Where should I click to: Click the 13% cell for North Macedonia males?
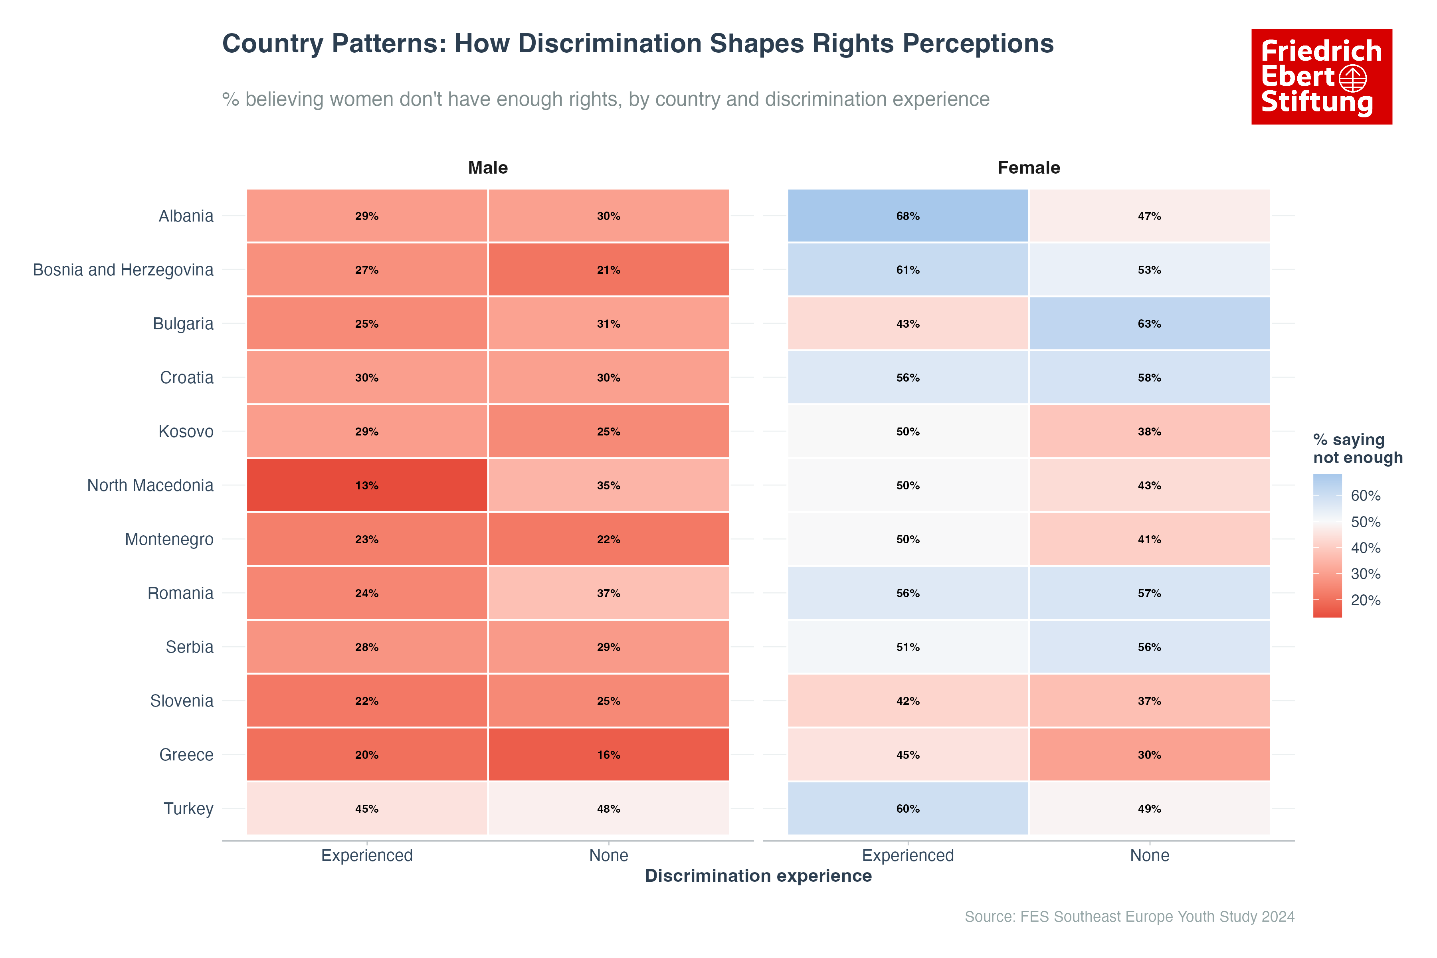[366, 485]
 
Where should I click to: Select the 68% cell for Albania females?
[907, 216]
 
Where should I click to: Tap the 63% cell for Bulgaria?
[1149, 323]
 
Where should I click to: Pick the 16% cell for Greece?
[608, 754]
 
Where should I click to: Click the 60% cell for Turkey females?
[907, 808]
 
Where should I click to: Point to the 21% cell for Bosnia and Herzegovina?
[608, 269]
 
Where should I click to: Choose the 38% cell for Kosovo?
[1149, 431]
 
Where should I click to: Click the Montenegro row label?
[169, 539]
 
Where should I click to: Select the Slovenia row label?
[182, 701]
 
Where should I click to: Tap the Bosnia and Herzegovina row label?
[123, 269]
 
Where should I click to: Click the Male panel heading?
[487, 167]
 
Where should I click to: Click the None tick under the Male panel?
[608, 855]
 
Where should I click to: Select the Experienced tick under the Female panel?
[907, 855]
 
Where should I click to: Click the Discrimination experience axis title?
[758, 875]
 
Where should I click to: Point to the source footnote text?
[1129, 916]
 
